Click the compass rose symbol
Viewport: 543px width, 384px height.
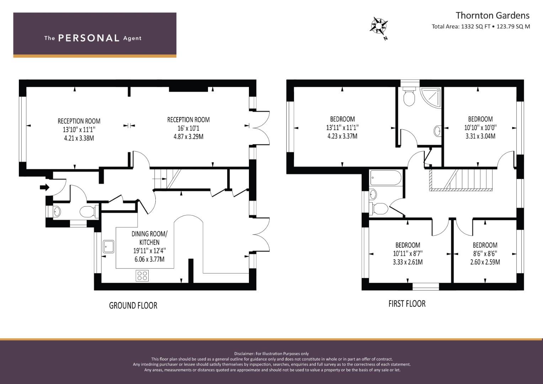pos(379,26)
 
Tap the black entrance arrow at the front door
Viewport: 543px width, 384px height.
pos(44,187)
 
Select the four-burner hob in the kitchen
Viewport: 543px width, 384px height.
pos(142,276)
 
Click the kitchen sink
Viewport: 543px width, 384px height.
pos(108,246)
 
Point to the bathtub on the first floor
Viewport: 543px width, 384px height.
pos(386,178)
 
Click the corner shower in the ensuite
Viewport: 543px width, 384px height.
pos(431,98)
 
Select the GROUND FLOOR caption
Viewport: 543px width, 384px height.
pos(133,305)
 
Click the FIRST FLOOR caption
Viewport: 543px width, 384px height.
pos(407,304)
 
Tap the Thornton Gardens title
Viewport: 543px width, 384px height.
pos(493,16)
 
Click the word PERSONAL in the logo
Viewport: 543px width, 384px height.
pos(89,38)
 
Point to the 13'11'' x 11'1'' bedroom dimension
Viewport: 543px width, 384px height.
pos(342,128)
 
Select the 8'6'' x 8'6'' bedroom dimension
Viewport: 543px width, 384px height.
pos(485,254)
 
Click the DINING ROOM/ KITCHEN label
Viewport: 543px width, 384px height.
pos(149,238)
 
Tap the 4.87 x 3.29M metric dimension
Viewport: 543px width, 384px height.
pos(188,137)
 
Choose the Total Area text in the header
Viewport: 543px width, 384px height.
pos(481,26)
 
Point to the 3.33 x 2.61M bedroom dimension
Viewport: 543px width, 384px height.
pos(408,262)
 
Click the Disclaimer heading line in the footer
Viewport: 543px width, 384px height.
pos(272,354)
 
